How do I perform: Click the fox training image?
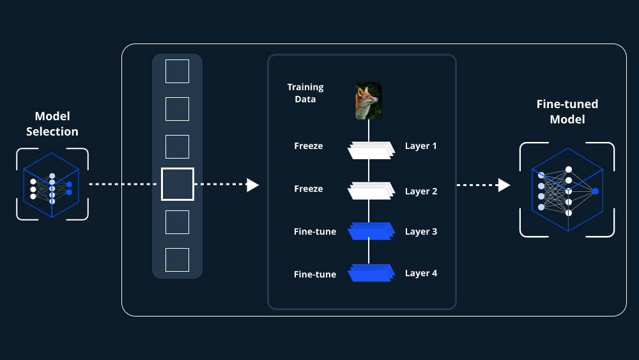point(369,100)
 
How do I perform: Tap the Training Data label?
point(305,93)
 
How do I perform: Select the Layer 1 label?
point(421,146)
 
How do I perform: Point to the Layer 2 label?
point(421,191)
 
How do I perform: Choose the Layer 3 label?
point(421,231)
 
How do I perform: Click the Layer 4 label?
point(421,273)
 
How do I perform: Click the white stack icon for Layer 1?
point(370,150)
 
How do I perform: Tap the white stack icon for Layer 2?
point(370,191)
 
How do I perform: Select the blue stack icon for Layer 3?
point(370,231)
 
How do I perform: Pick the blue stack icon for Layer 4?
point(370,273)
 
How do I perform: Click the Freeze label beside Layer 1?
point(309,146)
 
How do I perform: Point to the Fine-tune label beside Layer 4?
point(315,275)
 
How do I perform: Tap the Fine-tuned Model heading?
point(567,111)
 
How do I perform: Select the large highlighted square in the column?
point(177,184)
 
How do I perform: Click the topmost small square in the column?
point(177,71)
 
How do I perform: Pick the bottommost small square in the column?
point(177,260)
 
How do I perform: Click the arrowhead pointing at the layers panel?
point(253,185)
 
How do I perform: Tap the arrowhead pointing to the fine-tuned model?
point(504,185)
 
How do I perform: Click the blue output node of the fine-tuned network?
point(596,191)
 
